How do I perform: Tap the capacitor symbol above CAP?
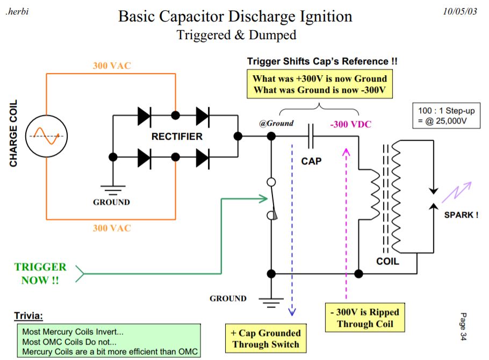click(311, 136)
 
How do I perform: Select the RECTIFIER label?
click(177, 136)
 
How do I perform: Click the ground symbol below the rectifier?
click(113, 189)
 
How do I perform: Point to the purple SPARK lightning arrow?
click(457, 191)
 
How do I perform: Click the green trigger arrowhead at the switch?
click(263, 199)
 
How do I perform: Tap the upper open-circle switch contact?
click(271, 182)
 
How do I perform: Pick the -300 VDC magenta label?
click(351, 125)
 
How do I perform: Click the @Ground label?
click(276, 124)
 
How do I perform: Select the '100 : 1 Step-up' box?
click(446, 116)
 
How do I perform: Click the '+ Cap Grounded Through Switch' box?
click(265, 339)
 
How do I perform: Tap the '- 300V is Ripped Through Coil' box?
click(365, 318)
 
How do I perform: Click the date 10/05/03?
click(460, 11)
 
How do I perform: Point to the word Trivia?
click(28, 316)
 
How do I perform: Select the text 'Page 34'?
click(463, 326)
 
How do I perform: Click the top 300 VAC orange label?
click(112, 66)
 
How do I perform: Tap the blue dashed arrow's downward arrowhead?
click(292, 312)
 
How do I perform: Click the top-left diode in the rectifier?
click(145, 116)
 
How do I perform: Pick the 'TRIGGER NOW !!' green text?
click(40, 273)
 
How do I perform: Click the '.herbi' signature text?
click(17, 12)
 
